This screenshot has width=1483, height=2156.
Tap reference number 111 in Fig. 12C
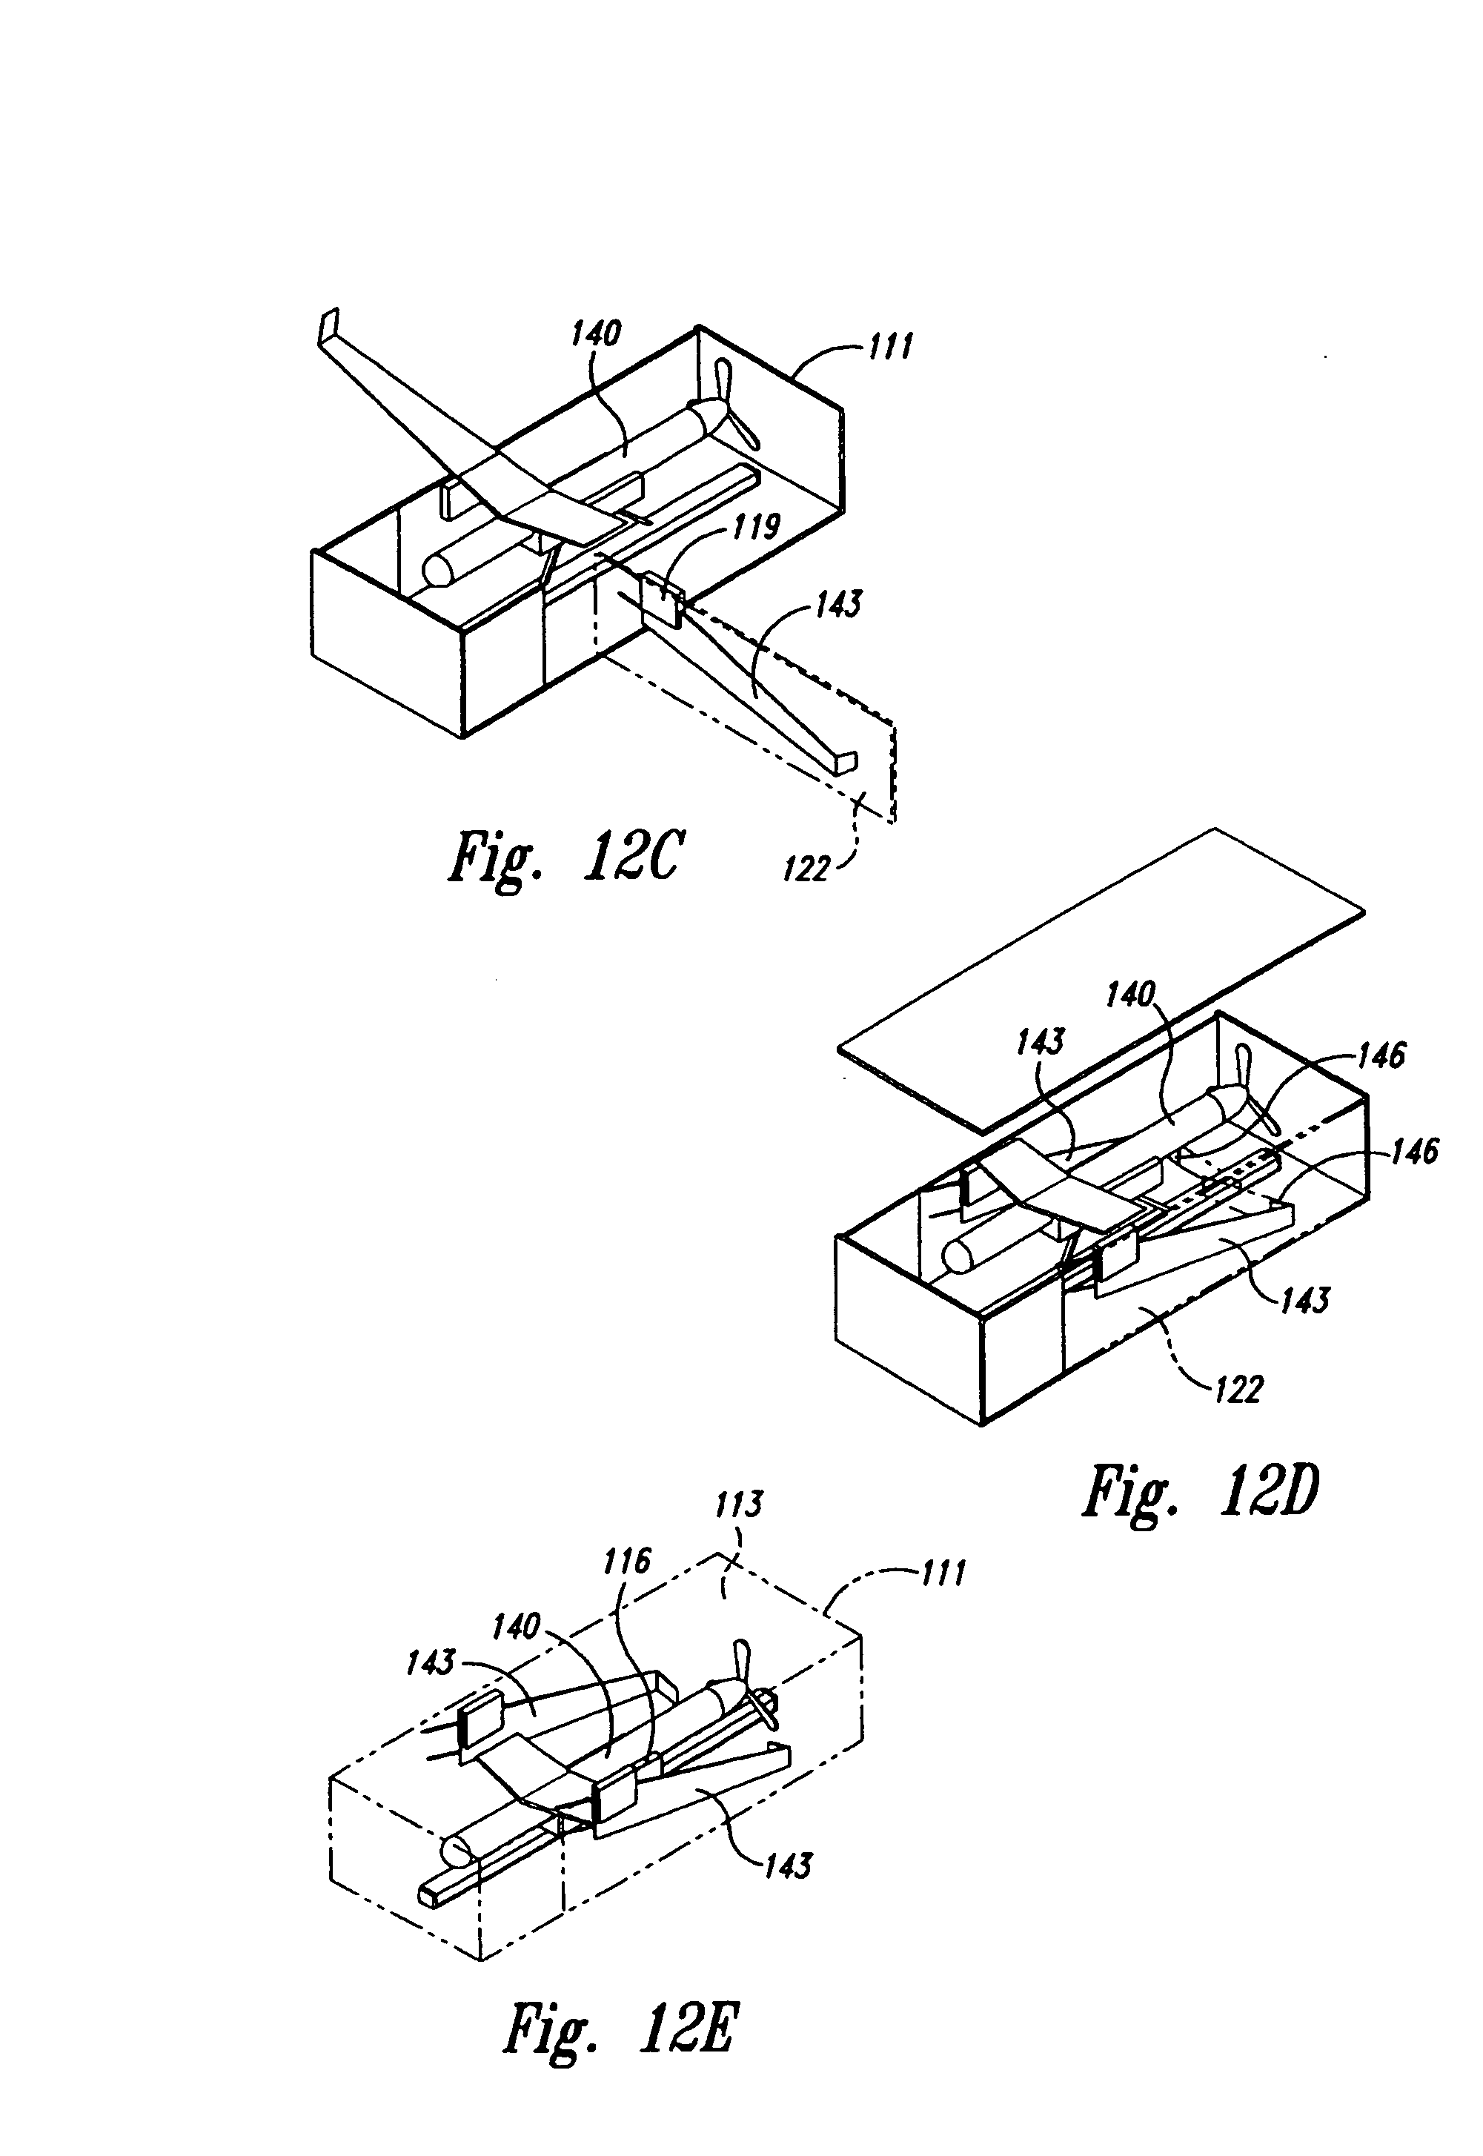(x=889, y=347)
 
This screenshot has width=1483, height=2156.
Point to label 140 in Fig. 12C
(x=596, y=332)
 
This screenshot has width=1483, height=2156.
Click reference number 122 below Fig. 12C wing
(x=805, y=870)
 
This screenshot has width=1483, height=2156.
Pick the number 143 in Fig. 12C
(x=837, y=605)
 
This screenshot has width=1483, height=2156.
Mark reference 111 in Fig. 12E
(x=943, y=1573)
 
